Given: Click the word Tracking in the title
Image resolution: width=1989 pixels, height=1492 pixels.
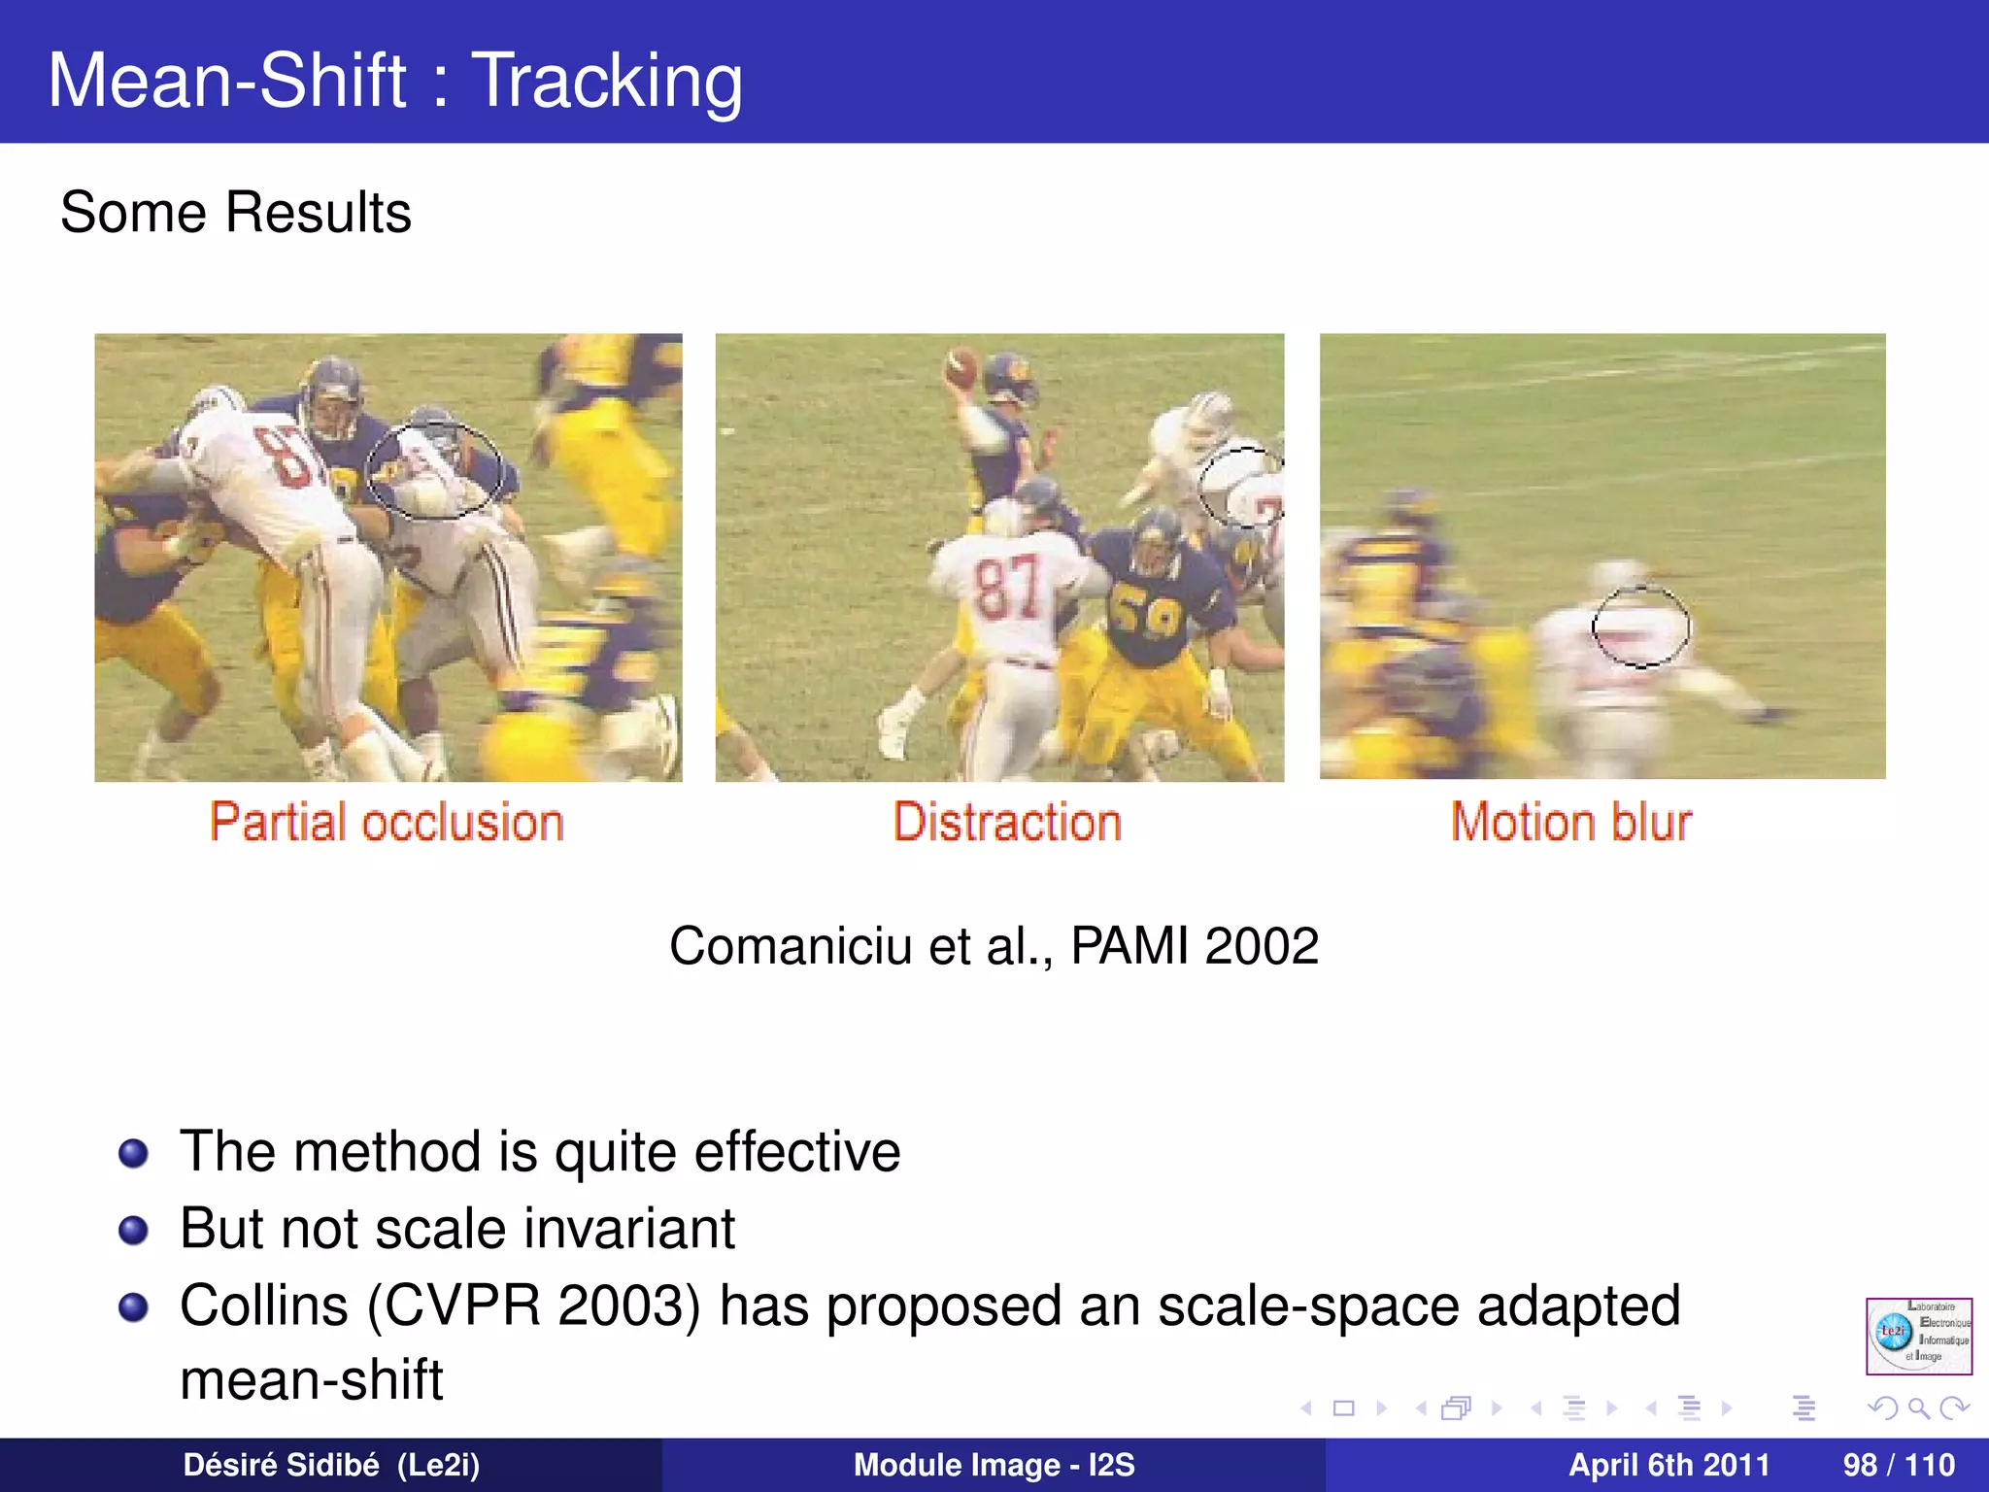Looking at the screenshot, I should [x=607, y=81].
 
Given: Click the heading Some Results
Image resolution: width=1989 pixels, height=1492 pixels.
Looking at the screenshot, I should [x=236, y=212].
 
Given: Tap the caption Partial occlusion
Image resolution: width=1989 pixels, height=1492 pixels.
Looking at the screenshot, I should [x=387, y=823].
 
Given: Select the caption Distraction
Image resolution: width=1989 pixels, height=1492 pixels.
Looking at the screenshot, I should [x=1007, y=823].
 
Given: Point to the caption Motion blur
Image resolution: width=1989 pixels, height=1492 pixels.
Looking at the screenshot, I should [x=1570, y=823].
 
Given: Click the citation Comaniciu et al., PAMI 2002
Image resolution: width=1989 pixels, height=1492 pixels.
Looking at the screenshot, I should [x=994, y=945].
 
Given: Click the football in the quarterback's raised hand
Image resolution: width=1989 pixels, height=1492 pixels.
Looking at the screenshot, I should [x=961, y=367].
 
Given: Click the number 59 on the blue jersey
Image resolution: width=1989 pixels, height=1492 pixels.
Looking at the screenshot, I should [x=1146, y=614].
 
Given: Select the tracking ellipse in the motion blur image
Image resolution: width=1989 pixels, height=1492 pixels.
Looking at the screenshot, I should [x=1640, y=627].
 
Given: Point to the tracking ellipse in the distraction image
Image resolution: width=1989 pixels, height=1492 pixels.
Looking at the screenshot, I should [x=1240, y=487].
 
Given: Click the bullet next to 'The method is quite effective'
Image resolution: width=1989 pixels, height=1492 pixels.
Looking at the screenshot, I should [x=133, y=1153].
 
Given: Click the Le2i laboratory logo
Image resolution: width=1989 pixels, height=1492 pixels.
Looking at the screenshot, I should [x=1918, y=1336].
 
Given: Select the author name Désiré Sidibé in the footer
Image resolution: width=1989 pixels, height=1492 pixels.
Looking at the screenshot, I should [x=282, y=1465].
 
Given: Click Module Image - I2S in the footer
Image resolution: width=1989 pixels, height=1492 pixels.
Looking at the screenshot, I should [x=994, y=1465].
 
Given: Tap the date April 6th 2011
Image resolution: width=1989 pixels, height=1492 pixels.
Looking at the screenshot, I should [x=1669, y=1465].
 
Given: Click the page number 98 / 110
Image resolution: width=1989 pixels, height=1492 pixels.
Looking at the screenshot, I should [x=1898, y=1465].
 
